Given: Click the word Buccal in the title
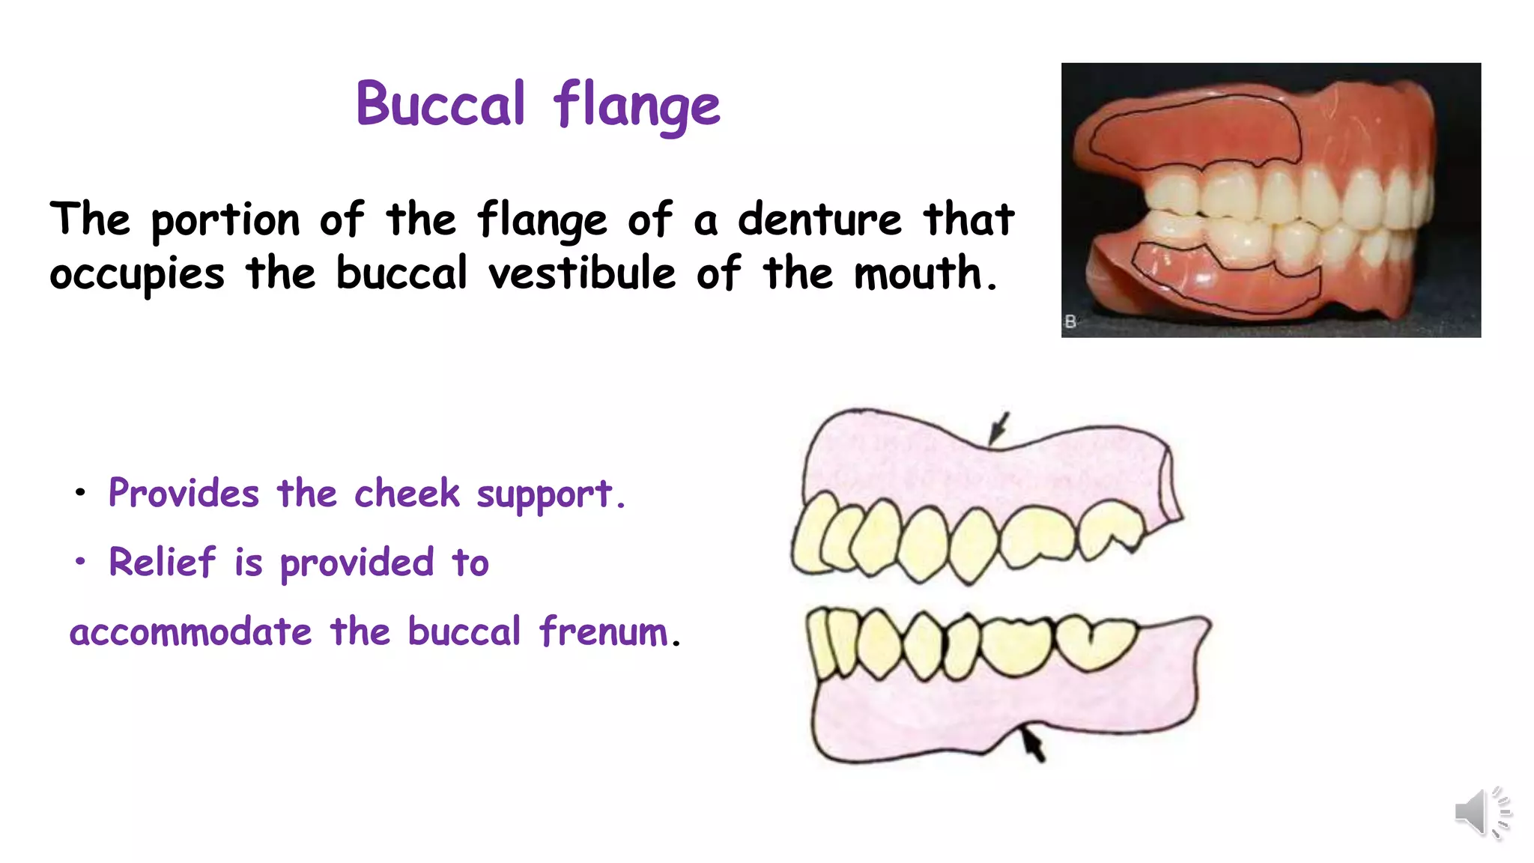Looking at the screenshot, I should tap(440, 105).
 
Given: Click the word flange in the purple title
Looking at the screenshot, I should tap(637, 106).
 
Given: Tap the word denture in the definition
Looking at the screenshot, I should tap(819, 220).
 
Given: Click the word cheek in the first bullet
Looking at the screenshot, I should tap(407, 494).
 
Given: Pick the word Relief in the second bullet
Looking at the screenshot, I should tap(162, 563).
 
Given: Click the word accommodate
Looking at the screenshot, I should tap(190, 632).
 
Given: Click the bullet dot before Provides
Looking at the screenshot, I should tap(80, 493).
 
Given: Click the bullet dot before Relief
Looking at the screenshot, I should tap(80, 561).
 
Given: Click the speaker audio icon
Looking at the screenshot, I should tap(1482, 812).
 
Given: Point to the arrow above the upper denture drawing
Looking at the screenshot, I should tap(998, 429).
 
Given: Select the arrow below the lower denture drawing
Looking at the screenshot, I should tap(1033, 745).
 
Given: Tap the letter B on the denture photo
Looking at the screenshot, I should tap(1070, 321).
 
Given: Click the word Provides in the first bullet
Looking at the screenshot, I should tap(184, 494).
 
